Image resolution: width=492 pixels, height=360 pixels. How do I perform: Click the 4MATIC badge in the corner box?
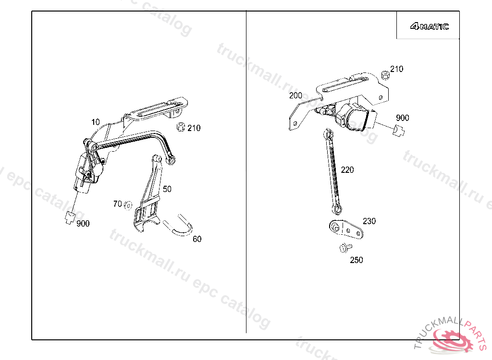(x=429, y=26)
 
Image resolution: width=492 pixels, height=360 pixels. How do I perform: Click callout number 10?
(x=96, y=122)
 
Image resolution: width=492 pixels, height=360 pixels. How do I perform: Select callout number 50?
(x=167, y=189)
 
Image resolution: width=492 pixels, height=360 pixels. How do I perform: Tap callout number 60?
(x=197, y=239)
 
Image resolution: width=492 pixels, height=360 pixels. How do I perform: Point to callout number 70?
(x=117, y=204)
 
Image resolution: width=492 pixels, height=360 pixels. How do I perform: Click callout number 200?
(x=295, y=96)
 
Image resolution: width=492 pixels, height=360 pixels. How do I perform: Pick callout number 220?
(x=347, y=170)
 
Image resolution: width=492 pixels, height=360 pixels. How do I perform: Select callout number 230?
(x=369, y=221)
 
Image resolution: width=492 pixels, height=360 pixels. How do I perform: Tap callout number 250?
(x=356, y=260)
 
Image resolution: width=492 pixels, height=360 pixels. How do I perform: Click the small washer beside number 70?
(x=128, y=205)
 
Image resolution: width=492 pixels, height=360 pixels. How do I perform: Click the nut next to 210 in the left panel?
(x=181, y=127)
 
